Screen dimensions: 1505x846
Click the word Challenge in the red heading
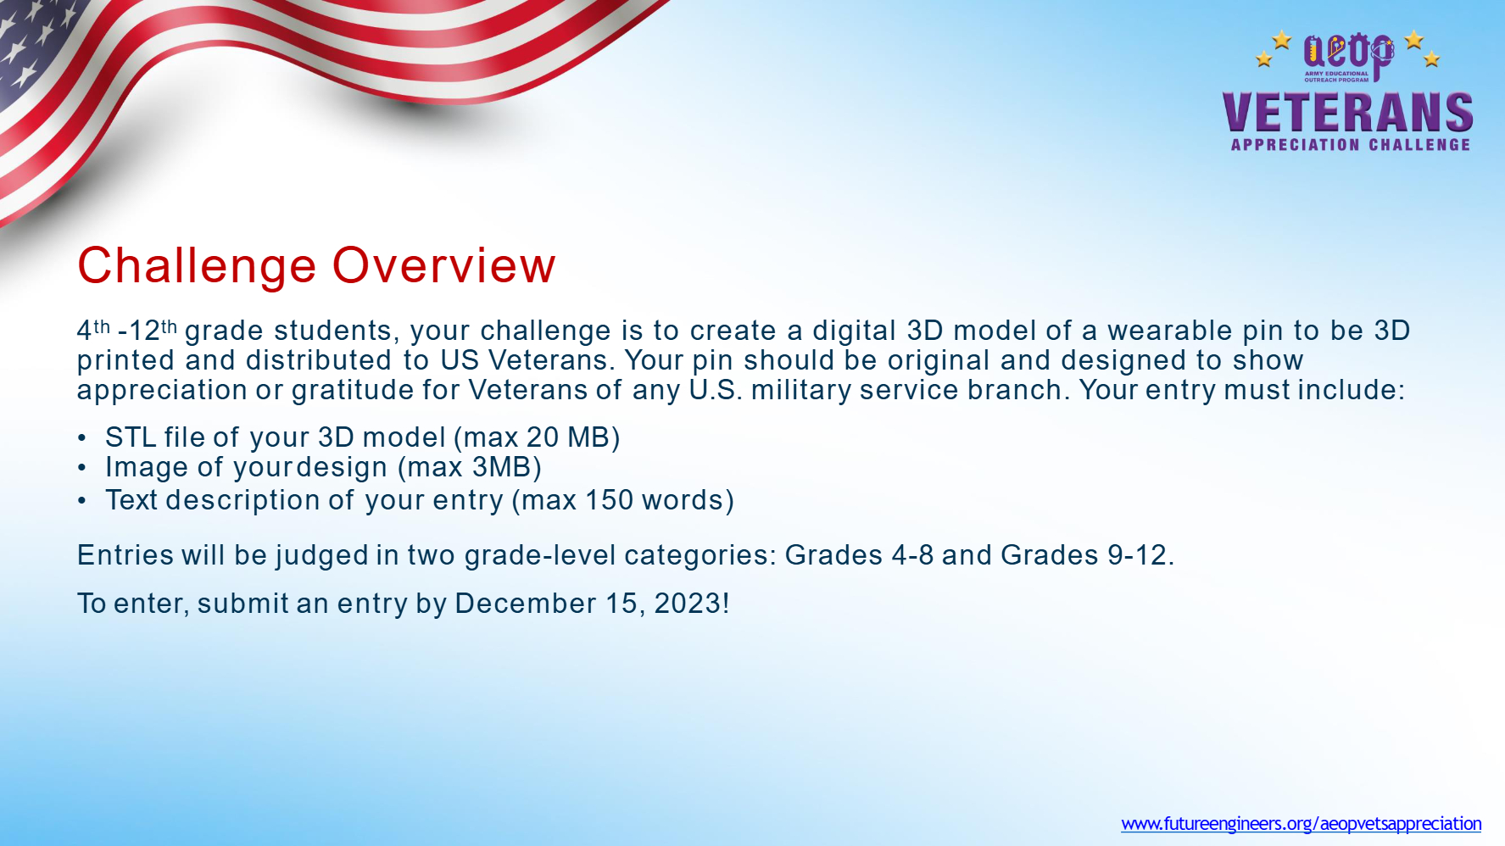[197, 266]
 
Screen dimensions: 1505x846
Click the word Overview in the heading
[444, 265]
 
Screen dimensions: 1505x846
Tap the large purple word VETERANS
[1347, 113]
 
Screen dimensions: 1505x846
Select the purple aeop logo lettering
[1348, 53]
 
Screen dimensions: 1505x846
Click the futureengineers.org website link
[1302, 823]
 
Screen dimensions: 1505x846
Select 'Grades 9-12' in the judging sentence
[1084, 555]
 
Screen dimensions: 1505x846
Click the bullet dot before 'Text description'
[82, 501]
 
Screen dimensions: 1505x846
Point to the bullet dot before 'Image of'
[82, 468]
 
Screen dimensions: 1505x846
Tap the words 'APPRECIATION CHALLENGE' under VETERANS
[1351, 145]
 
